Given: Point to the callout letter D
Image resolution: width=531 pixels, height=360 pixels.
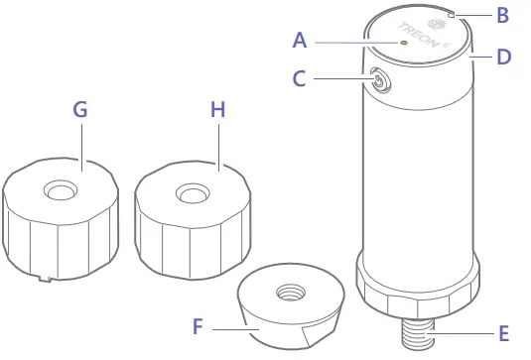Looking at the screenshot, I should pyautogui.click(x=503, y=57).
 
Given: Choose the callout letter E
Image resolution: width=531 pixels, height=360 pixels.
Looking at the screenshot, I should pyautogui.click(x=505, y=335).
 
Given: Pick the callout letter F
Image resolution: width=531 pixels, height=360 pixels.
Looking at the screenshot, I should pyautogui.click(x=198, y=324).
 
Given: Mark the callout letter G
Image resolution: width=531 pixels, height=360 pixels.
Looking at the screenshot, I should pyautogui.click(x=80, y=109).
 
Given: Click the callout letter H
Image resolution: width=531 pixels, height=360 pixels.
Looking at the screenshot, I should pyautogui.click(x=218, y=109).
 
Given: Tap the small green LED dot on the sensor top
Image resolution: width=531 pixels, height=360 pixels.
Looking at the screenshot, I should pyautogui.click(x=403, y=43).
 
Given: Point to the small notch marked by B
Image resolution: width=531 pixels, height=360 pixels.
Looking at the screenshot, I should pyautogui.click(x=452, y=15).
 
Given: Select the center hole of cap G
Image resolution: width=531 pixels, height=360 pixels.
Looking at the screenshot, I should pyautogui.click(x=60, y=188).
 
